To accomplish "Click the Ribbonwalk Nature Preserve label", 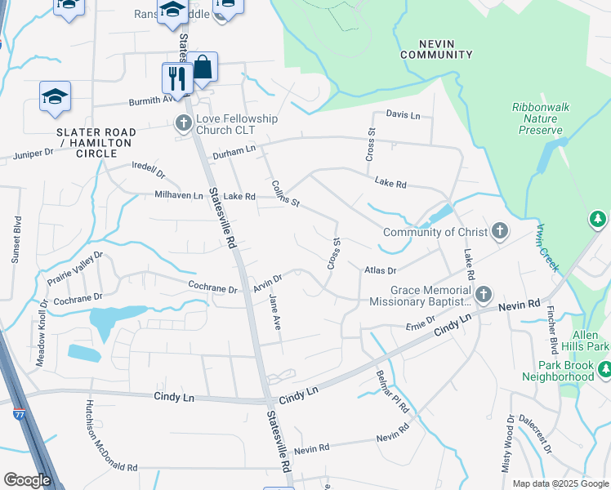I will [x=540, y=118].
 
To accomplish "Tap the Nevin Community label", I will [x=436, y=48].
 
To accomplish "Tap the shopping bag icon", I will [x=202, y=67].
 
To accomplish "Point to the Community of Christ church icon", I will [x=500, y=232].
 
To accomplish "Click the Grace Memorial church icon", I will [x=484, y=294].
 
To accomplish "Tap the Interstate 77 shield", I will [x=19, y=416].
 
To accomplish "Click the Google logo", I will [x=27, y=480].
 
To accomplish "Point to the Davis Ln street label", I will [x=403, y=115].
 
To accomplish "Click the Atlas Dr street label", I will [x=380, y=269].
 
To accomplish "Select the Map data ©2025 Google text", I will [x=560, y=483].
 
